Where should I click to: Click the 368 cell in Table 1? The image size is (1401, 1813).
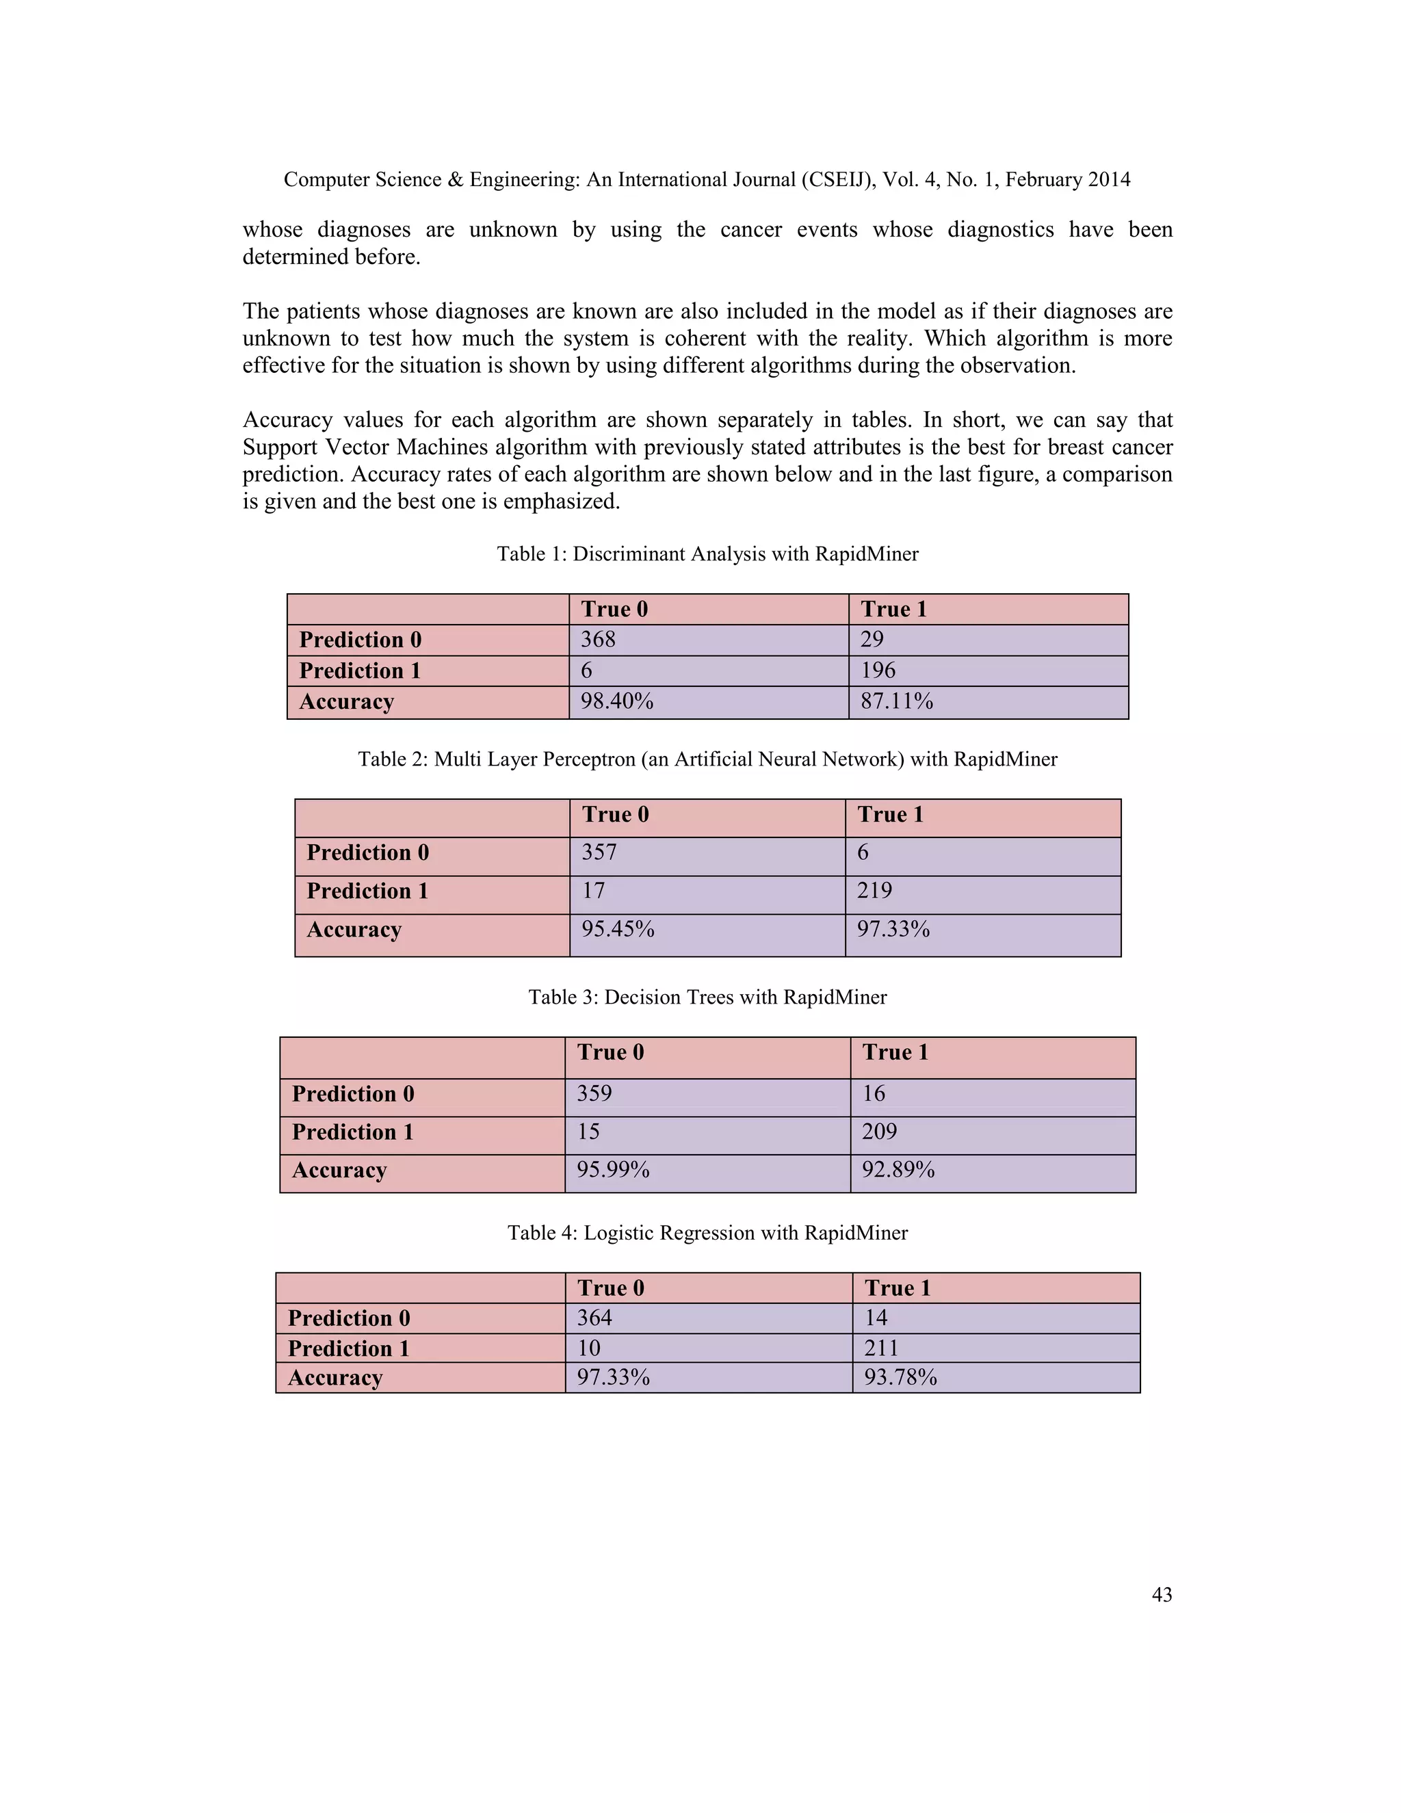[x=598, y=639]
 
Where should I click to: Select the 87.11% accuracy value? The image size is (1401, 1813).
[x=896, y=701]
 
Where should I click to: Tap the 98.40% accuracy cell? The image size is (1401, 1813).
[x=616, y=701]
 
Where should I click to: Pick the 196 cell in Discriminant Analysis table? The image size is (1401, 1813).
[x=878, y=670]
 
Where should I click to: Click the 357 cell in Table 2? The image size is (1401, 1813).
[x=599, y=852]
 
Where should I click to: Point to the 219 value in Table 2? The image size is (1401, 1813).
[x=874, y=891]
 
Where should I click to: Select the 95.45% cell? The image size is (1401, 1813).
[x=618, y=929]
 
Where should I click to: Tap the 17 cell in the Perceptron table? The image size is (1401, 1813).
[x=592, y=891]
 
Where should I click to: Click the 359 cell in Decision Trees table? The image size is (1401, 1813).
[x=594, y=1093]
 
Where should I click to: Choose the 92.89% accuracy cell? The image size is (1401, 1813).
[x=898, y=1170]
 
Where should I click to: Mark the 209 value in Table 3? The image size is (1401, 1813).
[x=879, y=1132]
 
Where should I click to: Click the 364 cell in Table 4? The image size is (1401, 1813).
[x=594, y=1318]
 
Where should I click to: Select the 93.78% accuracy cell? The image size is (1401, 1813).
[x=900, y=1377]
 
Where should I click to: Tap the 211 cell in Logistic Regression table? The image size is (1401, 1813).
[x=881, y=1348]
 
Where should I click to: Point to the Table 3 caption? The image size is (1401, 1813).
[x=707, y=997]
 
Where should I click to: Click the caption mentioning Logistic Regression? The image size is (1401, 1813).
[x=707, y=1233]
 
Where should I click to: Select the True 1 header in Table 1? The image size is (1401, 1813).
[x=893, y=610]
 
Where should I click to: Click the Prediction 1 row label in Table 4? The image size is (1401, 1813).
[x=349, y=1348]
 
